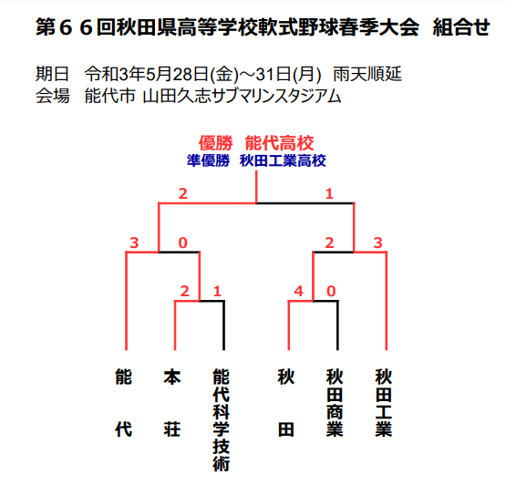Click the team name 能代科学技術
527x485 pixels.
[x=222, y=419]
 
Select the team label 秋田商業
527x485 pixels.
[x=335, y=403]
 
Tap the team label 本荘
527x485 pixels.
[x=172, y=403]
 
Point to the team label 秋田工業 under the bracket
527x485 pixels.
[x=384, y=403]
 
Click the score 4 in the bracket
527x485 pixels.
[x=298, y=291]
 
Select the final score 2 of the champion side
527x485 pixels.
[x=183, y=194]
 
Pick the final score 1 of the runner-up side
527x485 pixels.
[x=329, y=194]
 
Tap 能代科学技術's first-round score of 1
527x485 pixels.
[x=217, y=291]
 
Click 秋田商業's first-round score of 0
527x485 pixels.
[x=331, y=291]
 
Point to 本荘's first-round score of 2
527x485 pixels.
[x=184, y=291]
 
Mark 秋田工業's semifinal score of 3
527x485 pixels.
[x=378, y=242]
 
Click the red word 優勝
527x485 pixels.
[x=215, y=143]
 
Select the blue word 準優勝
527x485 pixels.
[x=209, y=160]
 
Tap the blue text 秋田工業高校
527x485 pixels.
[x=283, y=160]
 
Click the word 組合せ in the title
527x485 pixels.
[x=461, y=26]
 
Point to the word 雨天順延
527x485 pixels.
[x=367, y=74]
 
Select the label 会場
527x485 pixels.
[x=53, y=96]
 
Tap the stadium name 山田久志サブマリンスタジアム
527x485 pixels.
[x=242, y=96]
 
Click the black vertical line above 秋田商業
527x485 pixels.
[x=337, y=325]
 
